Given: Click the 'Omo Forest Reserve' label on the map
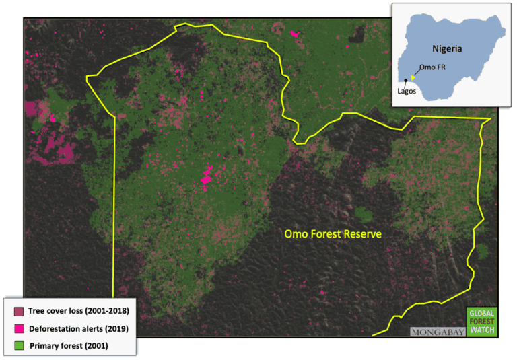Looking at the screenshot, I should [333, 234].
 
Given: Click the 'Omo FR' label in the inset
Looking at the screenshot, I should [431, 67].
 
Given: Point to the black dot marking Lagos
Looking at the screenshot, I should [406, 81].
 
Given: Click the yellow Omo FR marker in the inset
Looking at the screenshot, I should [413, 77].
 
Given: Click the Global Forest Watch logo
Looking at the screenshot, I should [481, 322].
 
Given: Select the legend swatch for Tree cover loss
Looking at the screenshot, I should [18, 312].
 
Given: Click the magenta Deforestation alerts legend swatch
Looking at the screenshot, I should [18, 329].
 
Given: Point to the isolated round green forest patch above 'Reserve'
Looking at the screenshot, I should [364, 215].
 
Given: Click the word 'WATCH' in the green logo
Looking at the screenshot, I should [481, 330].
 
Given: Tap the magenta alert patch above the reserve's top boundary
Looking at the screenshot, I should [294, 32].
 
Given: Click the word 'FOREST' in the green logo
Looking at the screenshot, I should [481, 322].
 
